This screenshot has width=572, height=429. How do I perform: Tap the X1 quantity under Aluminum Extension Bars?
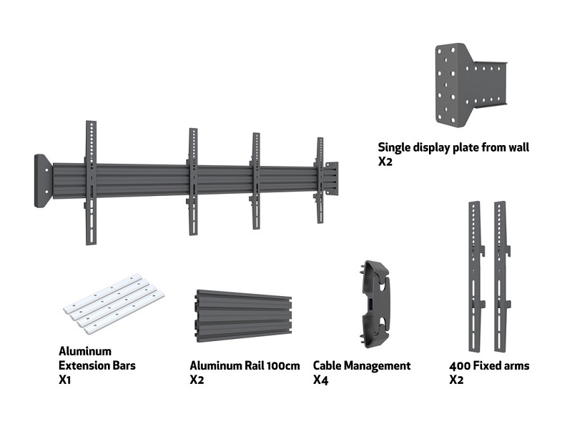click(x=66, y=380)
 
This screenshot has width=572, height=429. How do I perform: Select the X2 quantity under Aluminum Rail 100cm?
click(x=197, y=380)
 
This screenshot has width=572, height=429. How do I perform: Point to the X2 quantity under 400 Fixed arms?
click(x=456, y=380)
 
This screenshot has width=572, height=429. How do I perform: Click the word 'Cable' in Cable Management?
click(x=327, y=366)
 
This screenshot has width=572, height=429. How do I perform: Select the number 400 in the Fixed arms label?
click(x=460, y=366)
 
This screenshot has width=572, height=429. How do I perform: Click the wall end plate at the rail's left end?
click(x=42, y=181)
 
